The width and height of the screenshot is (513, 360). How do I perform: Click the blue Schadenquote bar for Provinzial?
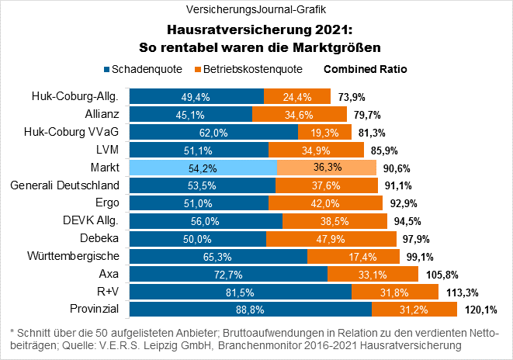250,309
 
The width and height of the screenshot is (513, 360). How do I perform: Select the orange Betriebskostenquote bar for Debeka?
320,237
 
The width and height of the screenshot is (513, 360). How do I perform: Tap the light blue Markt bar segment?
203,167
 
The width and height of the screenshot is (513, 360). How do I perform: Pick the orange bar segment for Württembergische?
353,255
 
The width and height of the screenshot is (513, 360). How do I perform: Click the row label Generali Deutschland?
64,185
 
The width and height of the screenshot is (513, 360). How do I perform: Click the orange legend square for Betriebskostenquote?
198,69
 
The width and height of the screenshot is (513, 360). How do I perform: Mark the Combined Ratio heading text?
365,69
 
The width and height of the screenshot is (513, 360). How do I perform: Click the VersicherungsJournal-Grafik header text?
256,10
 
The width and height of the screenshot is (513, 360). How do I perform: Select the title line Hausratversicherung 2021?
256,30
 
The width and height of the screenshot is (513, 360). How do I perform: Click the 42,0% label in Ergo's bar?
325,202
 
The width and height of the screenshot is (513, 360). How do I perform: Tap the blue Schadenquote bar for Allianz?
190,114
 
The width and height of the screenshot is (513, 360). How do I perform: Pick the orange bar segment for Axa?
373,273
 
